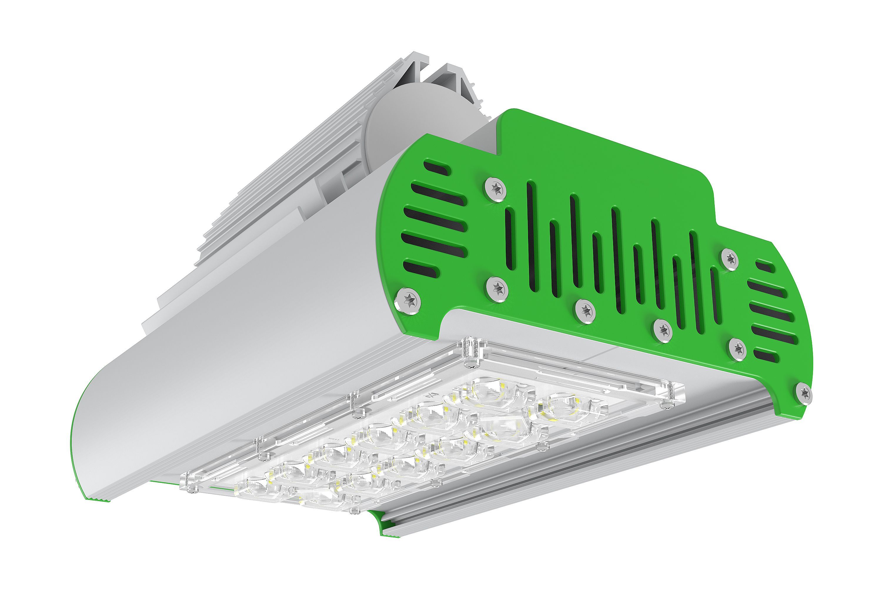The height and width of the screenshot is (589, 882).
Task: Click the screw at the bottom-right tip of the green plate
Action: click(804, 393)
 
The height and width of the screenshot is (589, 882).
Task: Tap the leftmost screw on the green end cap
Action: click(408, 300)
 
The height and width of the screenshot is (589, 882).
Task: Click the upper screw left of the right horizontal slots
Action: click(730, 258)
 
